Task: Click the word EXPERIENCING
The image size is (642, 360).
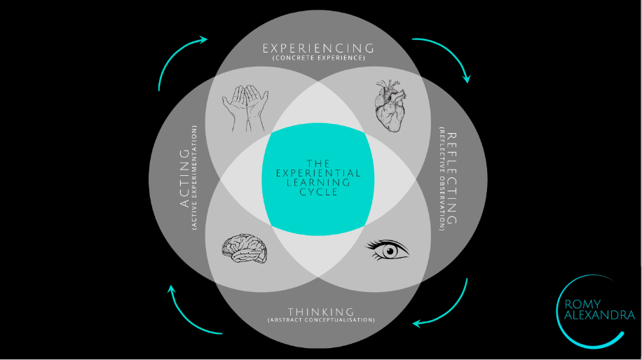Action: click(318, 48)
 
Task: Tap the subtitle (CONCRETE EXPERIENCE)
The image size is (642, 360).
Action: click(318, 58)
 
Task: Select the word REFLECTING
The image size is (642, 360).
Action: click(451, 179)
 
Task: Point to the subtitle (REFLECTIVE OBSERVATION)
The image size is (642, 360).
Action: click(441, 179)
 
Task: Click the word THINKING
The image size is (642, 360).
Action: click(320, 311)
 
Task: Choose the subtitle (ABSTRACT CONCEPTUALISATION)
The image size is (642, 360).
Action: click(320, 320)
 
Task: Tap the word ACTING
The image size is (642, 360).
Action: click(185, 178)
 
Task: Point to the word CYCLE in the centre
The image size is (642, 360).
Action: click(318, 192)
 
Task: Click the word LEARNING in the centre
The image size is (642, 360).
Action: click(318, 182)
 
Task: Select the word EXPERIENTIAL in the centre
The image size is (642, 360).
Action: click(318, 173)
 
